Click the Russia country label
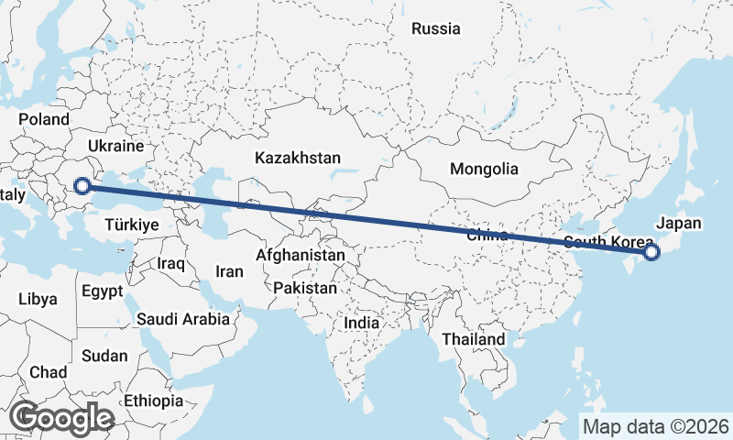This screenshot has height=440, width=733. [x=435, y=28]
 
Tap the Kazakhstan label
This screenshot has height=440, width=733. [x=298, y=158]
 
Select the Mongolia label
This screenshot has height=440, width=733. [x=484, y=169]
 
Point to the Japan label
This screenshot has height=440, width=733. [x=679, y=223]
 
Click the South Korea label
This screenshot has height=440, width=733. [x=608, y=242]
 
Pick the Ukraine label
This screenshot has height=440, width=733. [x=116, y=146]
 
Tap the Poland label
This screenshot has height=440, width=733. [x=43, y=119]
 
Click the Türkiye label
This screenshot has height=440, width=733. [x=133, y=225]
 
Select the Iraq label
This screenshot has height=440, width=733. [x=171, y=263]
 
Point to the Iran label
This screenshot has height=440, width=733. [x=229, y=271]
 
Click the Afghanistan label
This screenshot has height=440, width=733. [x=301, y=255]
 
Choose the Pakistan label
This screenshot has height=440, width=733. [x=305, y=288]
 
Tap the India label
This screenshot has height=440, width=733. [x=361, y=323]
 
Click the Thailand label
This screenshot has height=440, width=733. [x=473, y=339]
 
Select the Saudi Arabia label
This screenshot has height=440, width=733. [x=182, y=320]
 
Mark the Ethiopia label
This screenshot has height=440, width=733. [x=153, y=401]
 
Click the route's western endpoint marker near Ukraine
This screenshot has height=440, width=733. [x=82, y=186]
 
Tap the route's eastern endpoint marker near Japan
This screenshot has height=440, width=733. [x=651, y=252]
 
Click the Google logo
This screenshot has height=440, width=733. [x=61, y=418]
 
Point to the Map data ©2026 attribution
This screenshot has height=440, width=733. [x=655, y=426]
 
